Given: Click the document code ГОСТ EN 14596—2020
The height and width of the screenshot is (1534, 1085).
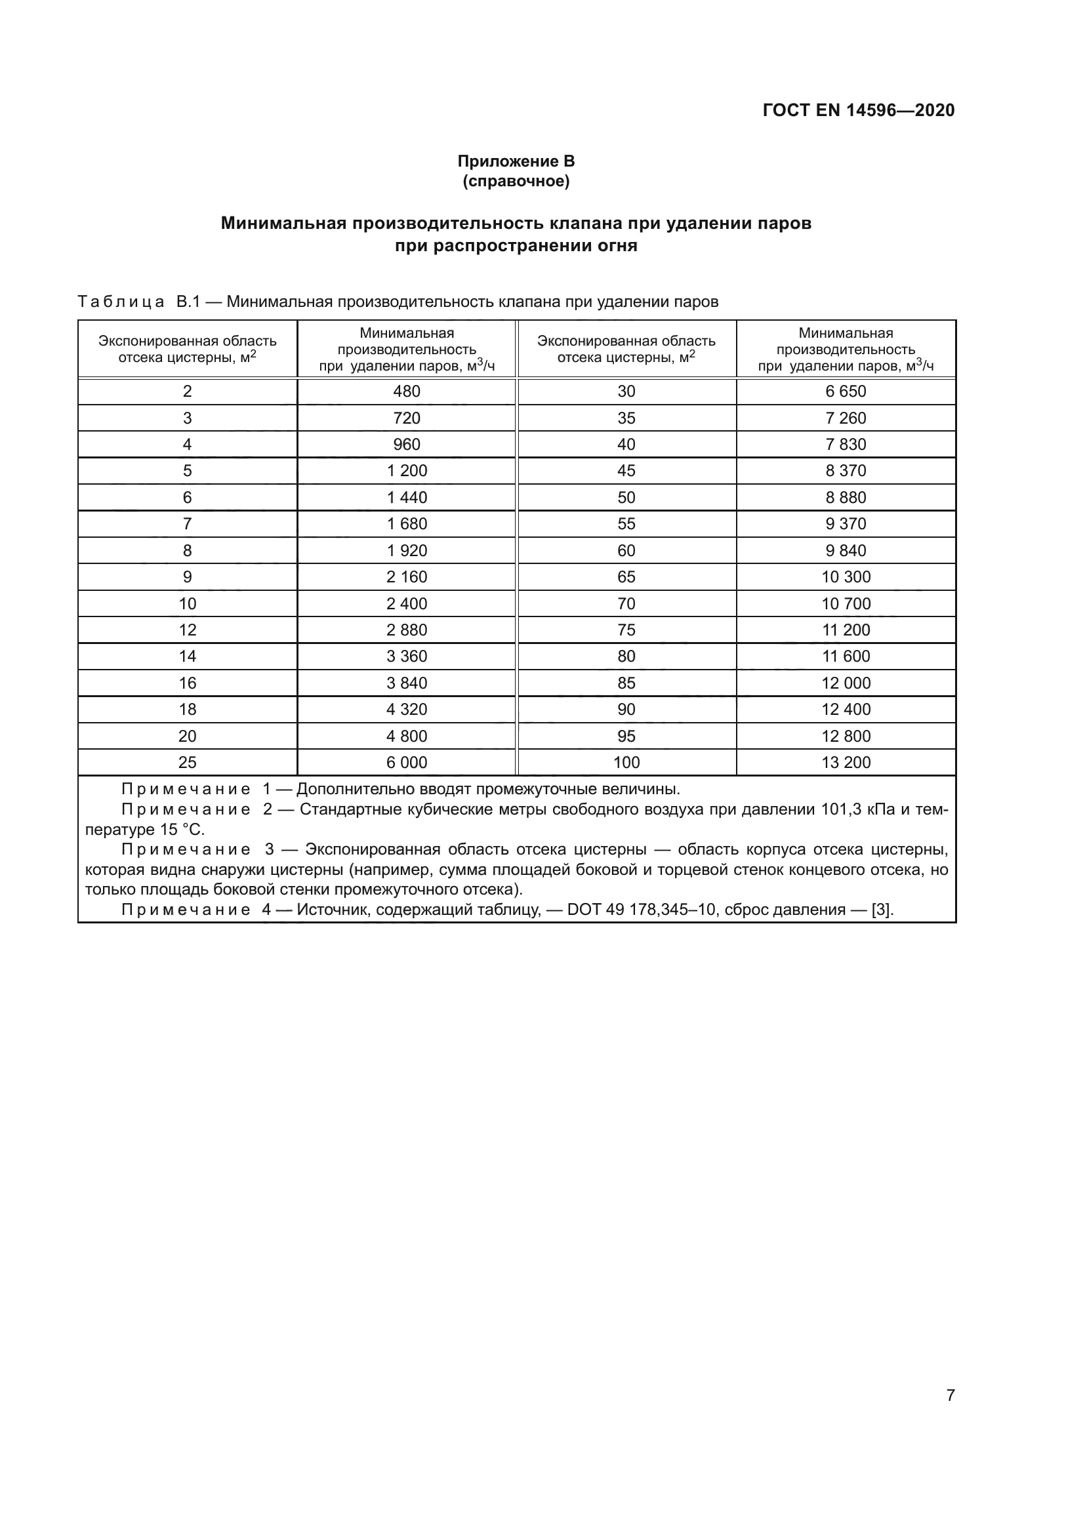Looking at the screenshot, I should (859, 110).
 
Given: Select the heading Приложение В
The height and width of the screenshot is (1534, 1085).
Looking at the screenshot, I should (516, 161).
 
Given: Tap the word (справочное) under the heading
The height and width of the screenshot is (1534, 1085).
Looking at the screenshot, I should (516, 181).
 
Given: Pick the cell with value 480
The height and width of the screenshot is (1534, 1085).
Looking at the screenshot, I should (406, 392).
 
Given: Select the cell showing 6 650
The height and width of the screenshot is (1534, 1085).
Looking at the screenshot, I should (845, 392).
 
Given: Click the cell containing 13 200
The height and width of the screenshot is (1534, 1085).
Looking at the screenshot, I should (845, 762).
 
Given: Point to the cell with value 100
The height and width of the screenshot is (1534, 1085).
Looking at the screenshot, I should (626, 762).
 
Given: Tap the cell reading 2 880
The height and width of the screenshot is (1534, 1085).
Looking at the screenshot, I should (406, 630).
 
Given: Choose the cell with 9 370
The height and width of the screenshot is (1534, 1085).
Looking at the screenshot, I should (845, 524).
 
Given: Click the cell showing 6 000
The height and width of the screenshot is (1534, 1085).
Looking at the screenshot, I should (406, 762).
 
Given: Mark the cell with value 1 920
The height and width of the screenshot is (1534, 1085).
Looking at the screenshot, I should (406, 550).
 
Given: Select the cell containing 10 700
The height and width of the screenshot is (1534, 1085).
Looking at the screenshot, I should (845, 604).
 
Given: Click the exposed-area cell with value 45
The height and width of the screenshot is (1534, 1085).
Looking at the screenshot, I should (626, 471).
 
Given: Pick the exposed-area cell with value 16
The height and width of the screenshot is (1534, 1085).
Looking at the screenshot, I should (187, 683).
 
